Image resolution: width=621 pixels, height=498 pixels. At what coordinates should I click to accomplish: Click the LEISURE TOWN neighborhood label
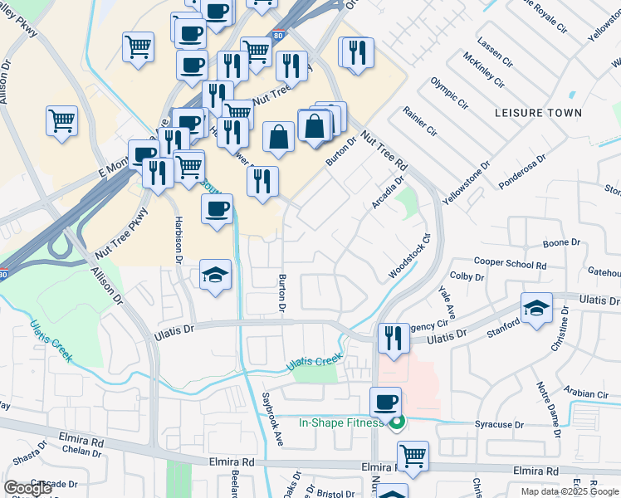click(x=537, y=112)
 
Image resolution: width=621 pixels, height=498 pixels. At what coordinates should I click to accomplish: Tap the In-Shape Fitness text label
click(x=341, y=422)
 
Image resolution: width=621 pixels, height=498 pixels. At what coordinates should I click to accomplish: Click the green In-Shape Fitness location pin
click(x=396, y=423)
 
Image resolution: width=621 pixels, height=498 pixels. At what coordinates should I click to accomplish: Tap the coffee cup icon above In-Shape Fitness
click(x=385, y=403)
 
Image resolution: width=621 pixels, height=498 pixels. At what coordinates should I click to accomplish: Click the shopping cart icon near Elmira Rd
click(x=413, y=456)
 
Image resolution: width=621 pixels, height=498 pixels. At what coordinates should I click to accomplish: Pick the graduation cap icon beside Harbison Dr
click(x=216, y=275)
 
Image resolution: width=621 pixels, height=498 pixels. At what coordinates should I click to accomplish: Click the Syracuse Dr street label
click(x=498, y=424)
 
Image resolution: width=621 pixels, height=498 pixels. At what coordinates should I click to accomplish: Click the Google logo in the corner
click(x=28, y=488)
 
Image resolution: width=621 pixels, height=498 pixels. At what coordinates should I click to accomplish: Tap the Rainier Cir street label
click(x=419, y=120)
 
